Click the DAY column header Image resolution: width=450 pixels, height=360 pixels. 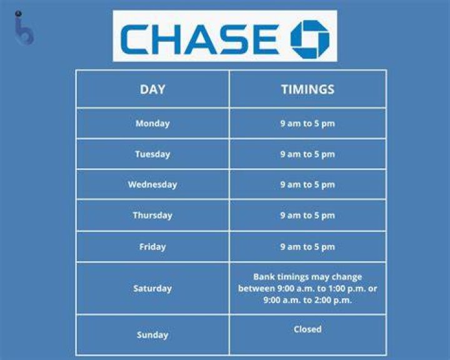[152, 89]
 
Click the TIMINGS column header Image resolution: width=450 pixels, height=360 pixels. [307, 89]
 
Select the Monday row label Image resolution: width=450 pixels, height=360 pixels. [152, 124]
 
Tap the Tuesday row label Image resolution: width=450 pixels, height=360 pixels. [152, 154]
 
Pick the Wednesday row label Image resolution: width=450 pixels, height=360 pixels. [152, 184]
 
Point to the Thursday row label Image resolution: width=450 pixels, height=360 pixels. [152, 215]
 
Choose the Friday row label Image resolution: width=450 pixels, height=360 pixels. [152, 247]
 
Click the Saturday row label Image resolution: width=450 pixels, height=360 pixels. [152, 288]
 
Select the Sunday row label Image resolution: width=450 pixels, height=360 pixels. [152, 335]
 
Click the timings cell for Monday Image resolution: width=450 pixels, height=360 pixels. [307, 124]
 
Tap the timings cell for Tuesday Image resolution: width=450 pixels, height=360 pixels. [307, 154]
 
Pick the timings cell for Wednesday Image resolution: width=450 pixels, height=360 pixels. [307, 184]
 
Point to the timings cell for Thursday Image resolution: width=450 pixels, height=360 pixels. [307, 215]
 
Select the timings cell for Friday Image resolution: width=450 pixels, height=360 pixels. [307, 247]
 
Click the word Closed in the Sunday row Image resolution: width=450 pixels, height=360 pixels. [307, 329]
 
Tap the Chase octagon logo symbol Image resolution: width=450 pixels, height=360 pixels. [310, 39]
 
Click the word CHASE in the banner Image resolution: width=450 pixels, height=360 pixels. [200, 39]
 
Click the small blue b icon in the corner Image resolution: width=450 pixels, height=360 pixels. [24, 28]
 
